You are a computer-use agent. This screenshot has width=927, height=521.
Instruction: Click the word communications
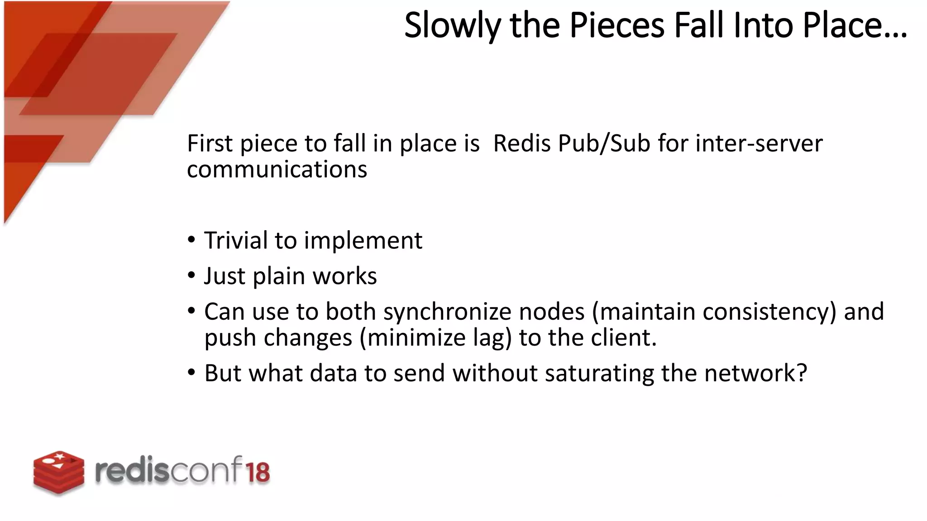277,170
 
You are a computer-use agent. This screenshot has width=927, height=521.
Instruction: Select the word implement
363,241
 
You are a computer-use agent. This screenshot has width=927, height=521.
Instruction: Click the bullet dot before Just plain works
191,275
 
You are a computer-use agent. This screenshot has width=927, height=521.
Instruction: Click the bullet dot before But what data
191,373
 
